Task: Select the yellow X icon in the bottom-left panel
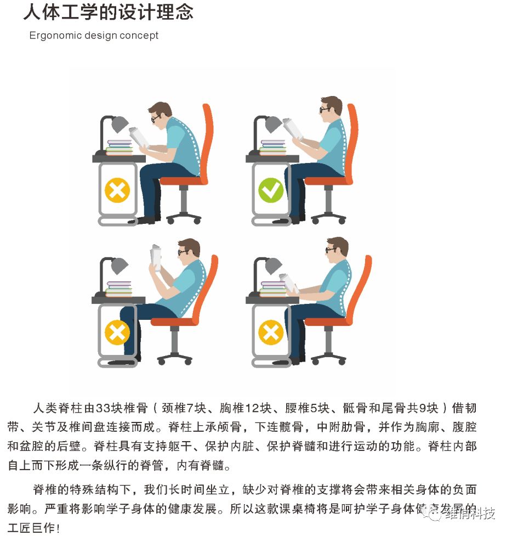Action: click(x=117, y=332)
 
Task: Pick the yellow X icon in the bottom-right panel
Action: click(x=270, y=332)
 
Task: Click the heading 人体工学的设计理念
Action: click(x=109, y=12)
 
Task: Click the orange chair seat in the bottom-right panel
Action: click(x=326, y=321)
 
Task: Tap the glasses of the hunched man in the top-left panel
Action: click(x=156, y=117)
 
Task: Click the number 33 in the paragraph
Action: click(x=103, y=408)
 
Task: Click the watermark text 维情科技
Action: click(x=470, y=514)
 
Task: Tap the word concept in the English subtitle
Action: click(x=141, y=36)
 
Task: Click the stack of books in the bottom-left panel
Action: click(x=119, y=289)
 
